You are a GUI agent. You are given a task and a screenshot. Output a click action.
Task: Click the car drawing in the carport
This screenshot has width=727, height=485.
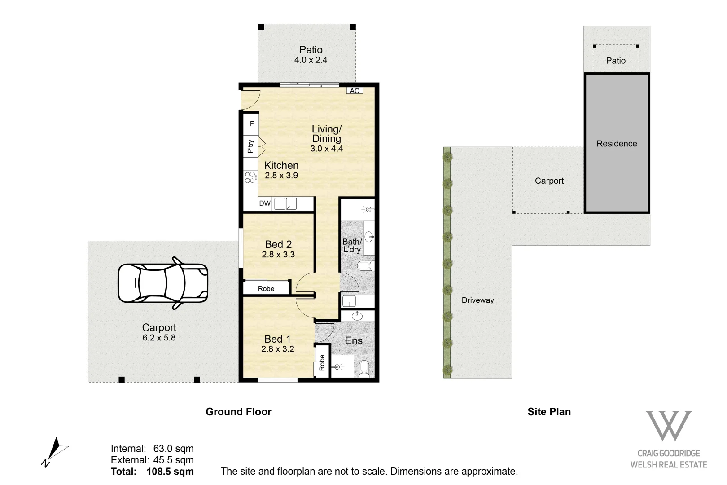(x=163, y=283)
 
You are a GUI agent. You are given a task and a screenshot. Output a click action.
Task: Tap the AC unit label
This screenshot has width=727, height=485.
(x=355, y=91)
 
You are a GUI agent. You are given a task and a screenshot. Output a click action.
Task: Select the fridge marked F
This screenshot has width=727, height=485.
(x=252, y=123)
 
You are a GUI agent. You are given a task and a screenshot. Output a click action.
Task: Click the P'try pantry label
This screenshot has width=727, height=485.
(x=250, y=146)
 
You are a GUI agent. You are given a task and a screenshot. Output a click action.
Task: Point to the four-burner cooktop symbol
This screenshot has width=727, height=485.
(x=250, y=177)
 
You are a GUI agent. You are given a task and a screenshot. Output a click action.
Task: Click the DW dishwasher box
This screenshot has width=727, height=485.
(x=265, y=203)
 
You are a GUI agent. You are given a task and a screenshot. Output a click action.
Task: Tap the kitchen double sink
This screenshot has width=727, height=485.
(x=285, y=204)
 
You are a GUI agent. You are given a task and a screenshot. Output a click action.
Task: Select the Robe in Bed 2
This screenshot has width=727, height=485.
(x=266, y=288)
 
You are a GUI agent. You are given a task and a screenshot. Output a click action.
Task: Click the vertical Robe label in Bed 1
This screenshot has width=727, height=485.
(x=322, y=362)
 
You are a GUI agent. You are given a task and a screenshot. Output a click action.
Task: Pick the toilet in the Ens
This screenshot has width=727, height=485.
(x=364, y=369)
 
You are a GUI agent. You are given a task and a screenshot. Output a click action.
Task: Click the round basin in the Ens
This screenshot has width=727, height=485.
(x=357, y=316)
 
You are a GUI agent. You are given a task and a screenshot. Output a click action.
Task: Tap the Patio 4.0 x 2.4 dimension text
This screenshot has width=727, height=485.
(x=311, y=60)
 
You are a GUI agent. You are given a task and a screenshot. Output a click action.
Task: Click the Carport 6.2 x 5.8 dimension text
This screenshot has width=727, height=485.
(x=159, y=338)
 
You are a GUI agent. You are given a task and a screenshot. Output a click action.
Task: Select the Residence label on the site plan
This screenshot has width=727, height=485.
(x=617, y=144)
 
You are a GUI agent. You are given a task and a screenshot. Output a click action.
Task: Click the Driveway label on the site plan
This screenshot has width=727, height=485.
(x=477, y=300)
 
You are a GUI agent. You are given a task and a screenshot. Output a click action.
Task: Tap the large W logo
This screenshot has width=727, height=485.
(x=668, y=425)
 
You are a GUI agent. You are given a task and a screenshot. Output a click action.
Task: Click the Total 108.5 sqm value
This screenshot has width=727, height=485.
(x=170, y=472)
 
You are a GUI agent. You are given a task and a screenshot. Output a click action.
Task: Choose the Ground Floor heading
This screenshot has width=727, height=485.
(x=238, y=412)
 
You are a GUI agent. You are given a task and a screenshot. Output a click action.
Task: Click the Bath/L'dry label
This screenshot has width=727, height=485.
(x=352, y=246)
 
